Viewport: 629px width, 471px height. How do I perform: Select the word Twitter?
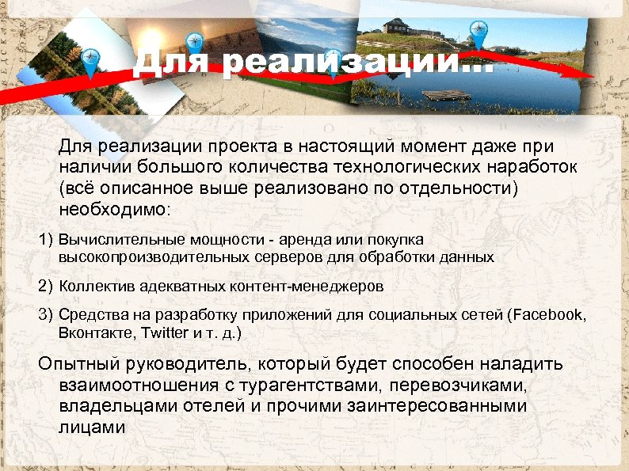166,332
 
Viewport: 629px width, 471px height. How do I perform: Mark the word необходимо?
111,211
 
